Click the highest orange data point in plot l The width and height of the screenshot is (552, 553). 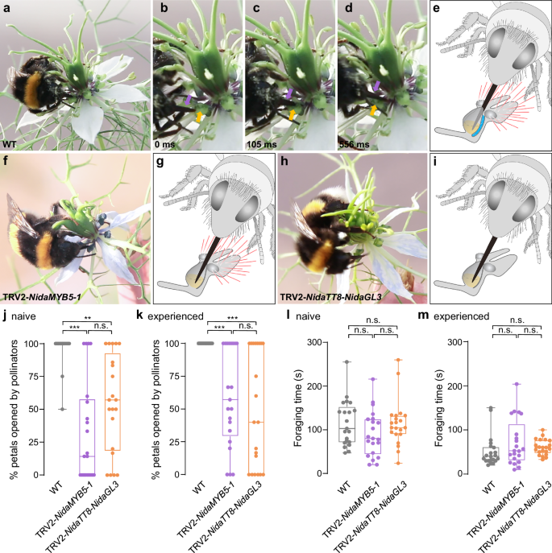point(397,361)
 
